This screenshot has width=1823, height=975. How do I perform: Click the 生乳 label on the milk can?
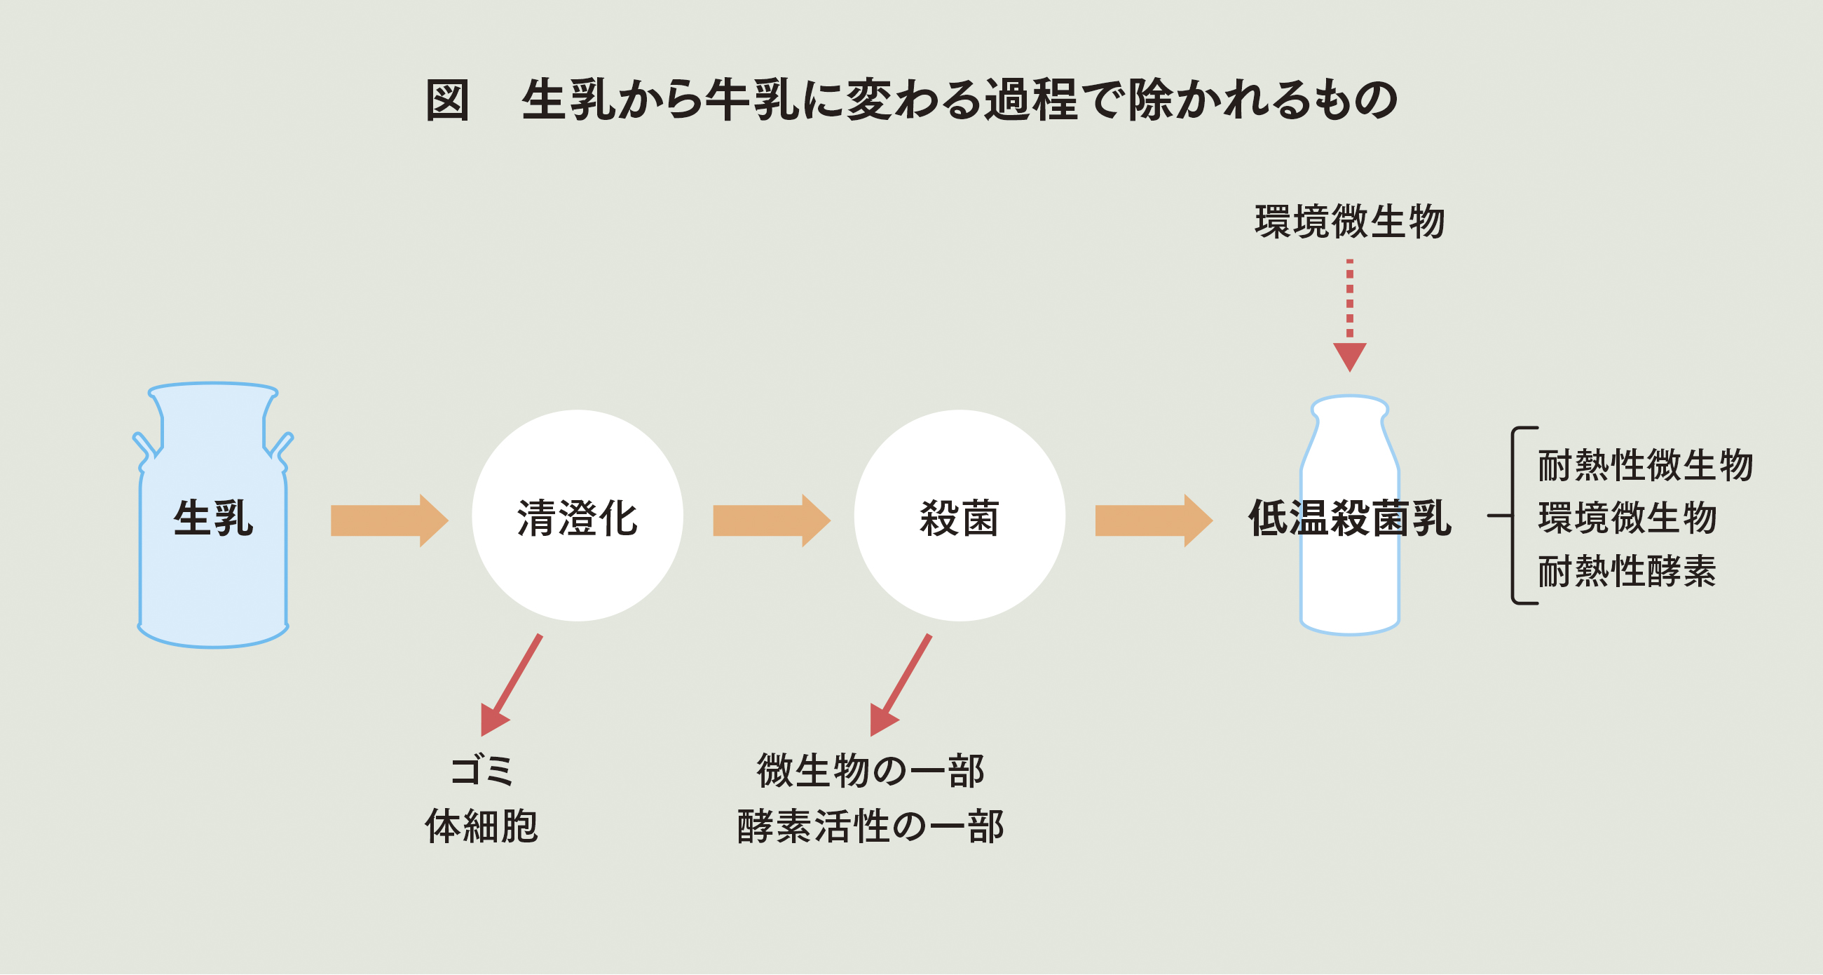(x=213, y=518)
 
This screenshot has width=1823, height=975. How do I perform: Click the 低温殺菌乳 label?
(x=1350, y=518)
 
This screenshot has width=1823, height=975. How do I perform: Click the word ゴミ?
(x=482, y=770)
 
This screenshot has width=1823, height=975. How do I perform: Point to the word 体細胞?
(x=482, y=826)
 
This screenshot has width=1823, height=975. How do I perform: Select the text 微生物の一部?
(x=870, y=770)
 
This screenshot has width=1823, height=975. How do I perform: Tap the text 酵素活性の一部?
(x=870, y=826)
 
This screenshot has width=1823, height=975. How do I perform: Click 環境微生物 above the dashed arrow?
(x=1350, y=222)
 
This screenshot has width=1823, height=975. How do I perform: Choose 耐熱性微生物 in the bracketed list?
(x=1646, y=465)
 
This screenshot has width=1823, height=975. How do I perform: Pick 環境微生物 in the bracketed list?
(x=1627, y=518)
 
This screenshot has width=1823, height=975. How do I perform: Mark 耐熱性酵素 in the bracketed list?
(x=1627, y=571)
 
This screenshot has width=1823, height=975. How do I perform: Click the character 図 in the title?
(x=447, y=100)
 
